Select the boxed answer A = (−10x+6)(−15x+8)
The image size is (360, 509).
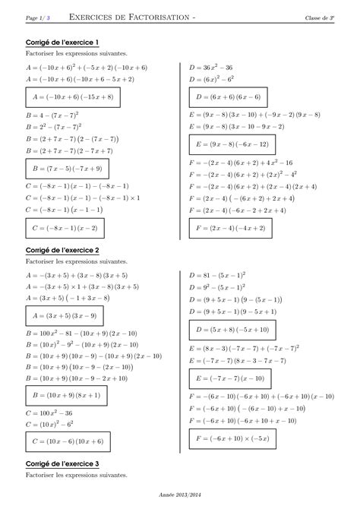tap(73, 97)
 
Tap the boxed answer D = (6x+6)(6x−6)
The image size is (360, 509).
tap(228, 97)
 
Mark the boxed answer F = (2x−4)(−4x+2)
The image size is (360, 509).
tap(229, 227)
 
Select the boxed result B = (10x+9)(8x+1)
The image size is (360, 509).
tap(67, 395)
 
